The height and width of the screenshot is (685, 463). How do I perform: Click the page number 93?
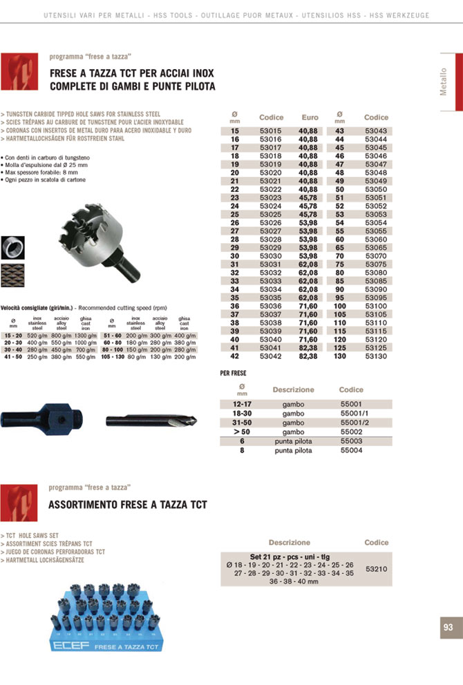448,627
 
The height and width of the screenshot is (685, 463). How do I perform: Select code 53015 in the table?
270,131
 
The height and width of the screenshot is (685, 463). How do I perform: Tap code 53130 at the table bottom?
376,357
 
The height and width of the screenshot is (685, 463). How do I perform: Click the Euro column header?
310,117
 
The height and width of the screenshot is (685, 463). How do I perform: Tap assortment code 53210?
376,569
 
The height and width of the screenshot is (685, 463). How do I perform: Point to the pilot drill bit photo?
150,421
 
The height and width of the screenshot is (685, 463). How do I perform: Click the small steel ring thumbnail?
12,247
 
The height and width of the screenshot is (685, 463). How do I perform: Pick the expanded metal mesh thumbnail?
12,276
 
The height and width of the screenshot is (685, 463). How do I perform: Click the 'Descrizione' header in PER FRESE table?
293,389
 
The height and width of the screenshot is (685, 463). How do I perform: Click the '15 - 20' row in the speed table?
13,335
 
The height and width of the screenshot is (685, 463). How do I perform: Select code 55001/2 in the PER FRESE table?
355,423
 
